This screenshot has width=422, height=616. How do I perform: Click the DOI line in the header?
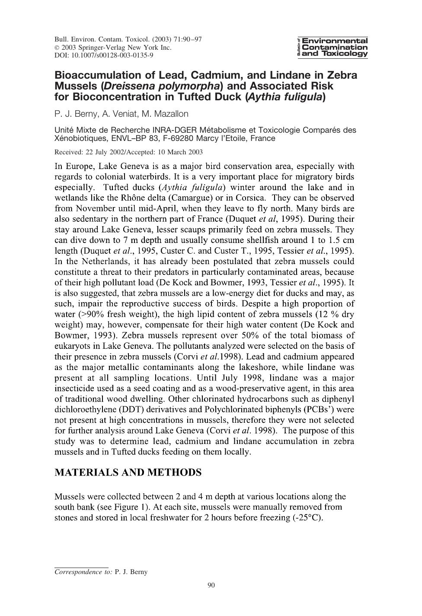pos(104,55)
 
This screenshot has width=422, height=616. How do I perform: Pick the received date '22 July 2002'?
pos(104,152)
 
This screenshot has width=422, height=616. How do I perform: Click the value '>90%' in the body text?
pos(89,314)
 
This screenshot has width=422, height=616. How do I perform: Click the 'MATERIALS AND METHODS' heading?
pos(128,472)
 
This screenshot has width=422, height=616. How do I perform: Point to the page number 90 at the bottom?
pos(211,586)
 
